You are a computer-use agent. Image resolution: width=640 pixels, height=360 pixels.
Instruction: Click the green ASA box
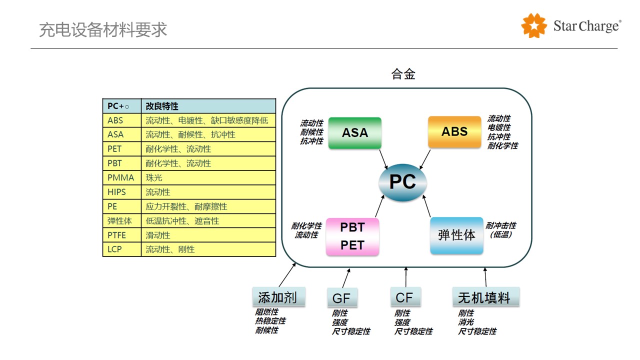(x=355, y=132)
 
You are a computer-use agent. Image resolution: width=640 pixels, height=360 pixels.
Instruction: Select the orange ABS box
(x=454, y=131)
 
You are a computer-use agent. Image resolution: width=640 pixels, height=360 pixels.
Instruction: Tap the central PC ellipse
(x=402, y=182)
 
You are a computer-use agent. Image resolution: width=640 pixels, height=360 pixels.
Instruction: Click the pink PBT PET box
(x=352, y=236)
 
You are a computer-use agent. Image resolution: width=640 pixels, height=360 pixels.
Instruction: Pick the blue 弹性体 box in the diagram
(x=456, y=235)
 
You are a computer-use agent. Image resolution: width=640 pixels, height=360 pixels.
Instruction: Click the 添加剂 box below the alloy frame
(x=277, y=297)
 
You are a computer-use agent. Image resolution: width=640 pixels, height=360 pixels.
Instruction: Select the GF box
(x=341, y=298)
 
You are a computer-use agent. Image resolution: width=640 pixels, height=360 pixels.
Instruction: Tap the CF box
(x=404, y=297)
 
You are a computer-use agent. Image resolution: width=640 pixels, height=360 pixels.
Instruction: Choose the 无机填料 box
(x=485, y=297)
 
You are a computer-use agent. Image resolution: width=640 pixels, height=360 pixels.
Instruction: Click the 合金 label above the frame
(x=403, y=74)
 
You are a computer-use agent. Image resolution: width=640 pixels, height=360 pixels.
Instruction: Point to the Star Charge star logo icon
(x=534, y=25)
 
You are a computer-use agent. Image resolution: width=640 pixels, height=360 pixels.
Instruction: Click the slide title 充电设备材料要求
(x=103, y=30)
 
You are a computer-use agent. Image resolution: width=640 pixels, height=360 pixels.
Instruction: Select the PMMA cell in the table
(x=121, y=177)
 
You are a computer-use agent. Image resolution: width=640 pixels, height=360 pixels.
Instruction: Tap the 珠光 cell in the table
(x=154, y=177)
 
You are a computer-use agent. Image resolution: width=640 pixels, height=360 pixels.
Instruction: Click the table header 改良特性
(x=162, y=106)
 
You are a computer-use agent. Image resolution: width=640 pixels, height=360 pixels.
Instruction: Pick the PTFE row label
(x=118, y=235)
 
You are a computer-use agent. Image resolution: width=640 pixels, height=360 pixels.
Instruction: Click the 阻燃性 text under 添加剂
(x=267, y=312)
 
